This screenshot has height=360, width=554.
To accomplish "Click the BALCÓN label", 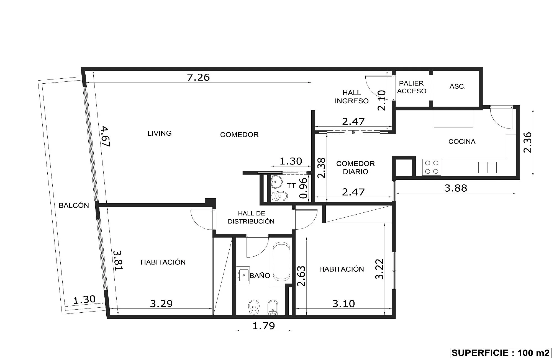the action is pyautogui.click(x=74, y=205).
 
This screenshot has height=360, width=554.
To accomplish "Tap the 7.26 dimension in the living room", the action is pyautogui.click(x=198, y=77).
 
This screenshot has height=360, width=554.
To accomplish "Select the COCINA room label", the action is pyautogui.click(x=462, y=142).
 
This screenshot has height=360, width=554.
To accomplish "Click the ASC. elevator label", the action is pyautogui.click(x=458, y=86).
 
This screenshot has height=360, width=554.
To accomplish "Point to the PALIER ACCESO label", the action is pyautogui.click(x=412, y=87).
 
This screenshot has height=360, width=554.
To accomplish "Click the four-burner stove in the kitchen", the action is pyautogui.click(x=432, y=167).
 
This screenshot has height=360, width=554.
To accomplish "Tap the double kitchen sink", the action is pyautogui.click(x=487, y=167).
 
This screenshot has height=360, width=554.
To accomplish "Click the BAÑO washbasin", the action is pyautogui.click(x=243, y=275).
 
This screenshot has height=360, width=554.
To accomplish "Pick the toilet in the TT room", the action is pyautogui.click(x=279, y=196).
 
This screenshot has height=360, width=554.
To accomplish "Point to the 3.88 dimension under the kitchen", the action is pyautogui.click(x=456, y=188).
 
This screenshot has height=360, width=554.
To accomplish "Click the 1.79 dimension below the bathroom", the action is pyautogui.click(x=264, y=326).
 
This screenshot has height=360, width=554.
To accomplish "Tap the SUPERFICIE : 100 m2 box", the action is pyautogui.click(x=500, y=353).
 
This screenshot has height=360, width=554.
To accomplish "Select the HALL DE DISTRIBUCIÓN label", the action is pyautogui.click(x=251, y=217).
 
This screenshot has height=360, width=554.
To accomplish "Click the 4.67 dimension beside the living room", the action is pyautogui.click(x=105, y=136).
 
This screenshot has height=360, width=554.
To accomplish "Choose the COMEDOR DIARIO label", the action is pyautogui.click(x=355, y=168).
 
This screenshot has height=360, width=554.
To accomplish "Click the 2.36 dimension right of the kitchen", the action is pyautogui.click(x=527, y=142).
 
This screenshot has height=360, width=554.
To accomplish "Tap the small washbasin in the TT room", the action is pyautogui.click(x=276, y=181).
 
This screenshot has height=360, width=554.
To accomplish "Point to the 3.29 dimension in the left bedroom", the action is pyautogui.click(x=161, y=304).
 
